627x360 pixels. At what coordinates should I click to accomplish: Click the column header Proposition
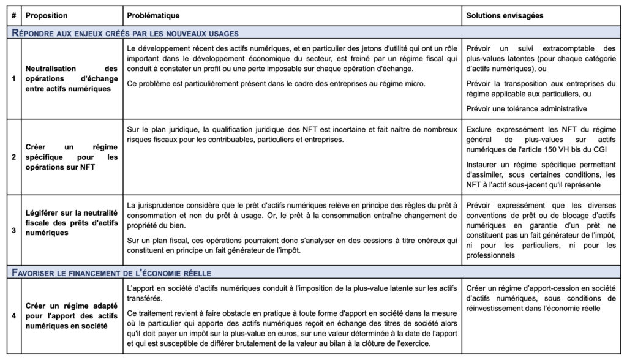coord(47,14)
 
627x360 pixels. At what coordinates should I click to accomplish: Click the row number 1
coord(13,79)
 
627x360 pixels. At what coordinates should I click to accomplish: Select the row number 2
coord(13,157)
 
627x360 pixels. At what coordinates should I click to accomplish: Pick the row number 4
coord(13,315)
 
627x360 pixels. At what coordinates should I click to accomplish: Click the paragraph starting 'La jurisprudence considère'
coord(292,211)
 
